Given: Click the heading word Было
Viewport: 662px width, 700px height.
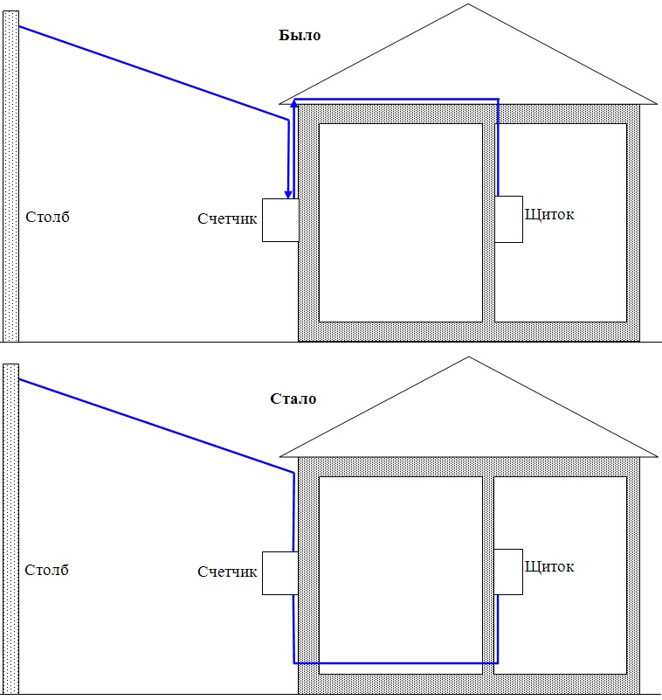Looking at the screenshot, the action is pyautogui.click(x=300, y=35).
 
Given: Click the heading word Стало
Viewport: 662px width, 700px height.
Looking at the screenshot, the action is pyautogui.click(x=293, y=399).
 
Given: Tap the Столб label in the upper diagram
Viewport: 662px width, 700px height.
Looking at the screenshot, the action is pyautogui.click(x=47, y=217).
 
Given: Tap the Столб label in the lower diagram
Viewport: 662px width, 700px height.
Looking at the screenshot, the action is pyautogui.click(x=46, y=570).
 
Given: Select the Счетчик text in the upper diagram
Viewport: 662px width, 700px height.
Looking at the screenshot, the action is pyautogui.click(x=227, y=218).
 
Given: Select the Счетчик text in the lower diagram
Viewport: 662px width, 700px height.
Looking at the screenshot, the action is pyautogui.click(x=227, y=572).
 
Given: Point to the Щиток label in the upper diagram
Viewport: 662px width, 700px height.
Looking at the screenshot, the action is pyautogui.click(x=549, y=215).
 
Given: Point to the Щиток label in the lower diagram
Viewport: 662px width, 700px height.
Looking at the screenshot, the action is pyautogui.click(x=549, y=567).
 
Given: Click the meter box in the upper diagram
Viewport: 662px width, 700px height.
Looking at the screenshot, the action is pyautogui.click(x=280, y=220).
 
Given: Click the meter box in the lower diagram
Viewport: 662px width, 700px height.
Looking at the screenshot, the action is pyautogui.click(x=280, y=573).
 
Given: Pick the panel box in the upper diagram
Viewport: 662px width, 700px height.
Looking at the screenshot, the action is pyautogui.click(x=508, y=219).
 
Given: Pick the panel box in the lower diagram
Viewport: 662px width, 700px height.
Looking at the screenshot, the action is pyautogui.click(x=508, y=572).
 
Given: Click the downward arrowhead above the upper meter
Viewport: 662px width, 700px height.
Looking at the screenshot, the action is pyautogui.click(x=288, y=193).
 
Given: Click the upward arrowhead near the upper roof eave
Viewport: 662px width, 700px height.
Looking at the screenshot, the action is pyautogui.click(x=294, y=106).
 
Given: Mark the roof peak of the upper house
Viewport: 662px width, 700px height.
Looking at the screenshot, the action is pyautogui.click(x=468, y=4).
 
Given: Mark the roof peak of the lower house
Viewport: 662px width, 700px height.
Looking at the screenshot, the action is pyautogui.click(x=468, y=357).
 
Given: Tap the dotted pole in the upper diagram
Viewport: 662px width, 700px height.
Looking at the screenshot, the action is pyautogui.click(x=10, y=177).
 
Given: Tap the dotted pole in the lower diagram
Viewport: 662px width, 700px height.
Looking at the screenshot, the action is pyautogui.click(x=10, y=529).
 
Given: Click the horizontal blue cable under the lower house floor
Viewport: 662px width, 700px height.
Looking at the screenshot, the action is pyautogui.click(x=396, y=663).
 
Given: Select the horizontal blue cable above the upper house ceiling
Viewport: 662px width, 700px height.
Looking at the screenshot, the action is pyautogui.click(x=397, y=99).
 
